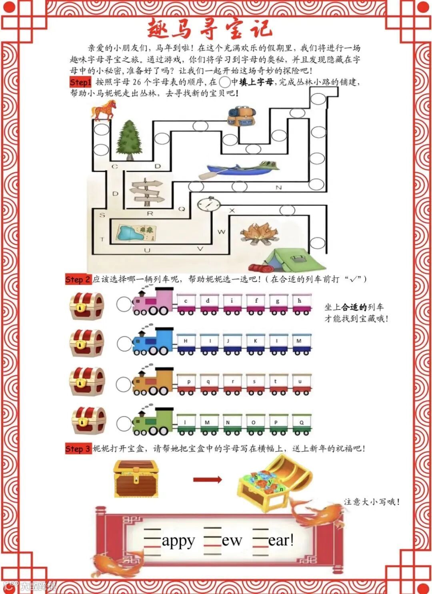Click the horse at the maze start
[104, 110]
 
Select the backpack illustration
[241, 116]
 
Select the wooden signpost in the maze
[147, 191]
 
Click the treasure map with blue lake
[136, 233]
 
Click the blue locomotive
[154, 342]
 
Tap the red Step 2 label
[78, 280]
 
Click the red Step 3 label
[78, 449]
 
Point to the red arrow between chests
[207, 479]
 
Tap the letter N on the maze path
[279, 187]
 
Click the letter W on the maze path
[221, 231]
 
